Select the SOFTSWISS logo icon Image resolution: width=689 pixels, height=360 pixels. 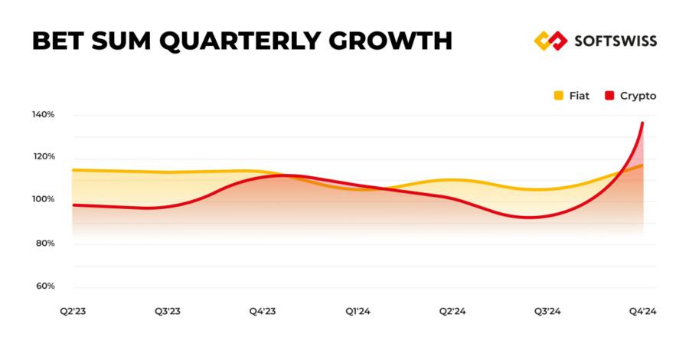[549, 41]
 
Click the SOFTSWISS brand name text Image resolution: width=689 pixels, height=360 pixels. [614, 41]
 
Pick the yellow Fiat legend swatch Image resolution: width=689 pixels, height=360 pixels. [558, 96]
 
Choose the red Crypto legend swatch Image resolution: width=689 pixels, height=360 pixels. [609, 96]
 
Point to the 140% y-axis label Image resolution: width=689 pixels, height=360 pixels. [43, 114]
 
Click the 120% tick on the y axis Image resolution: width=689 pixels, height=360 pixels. [43, 157]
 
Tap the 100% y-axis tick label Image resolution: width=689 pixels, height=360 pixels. [43, 200]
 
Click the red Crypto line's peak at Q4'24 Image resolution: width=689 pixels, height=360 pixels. [642, 123]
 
